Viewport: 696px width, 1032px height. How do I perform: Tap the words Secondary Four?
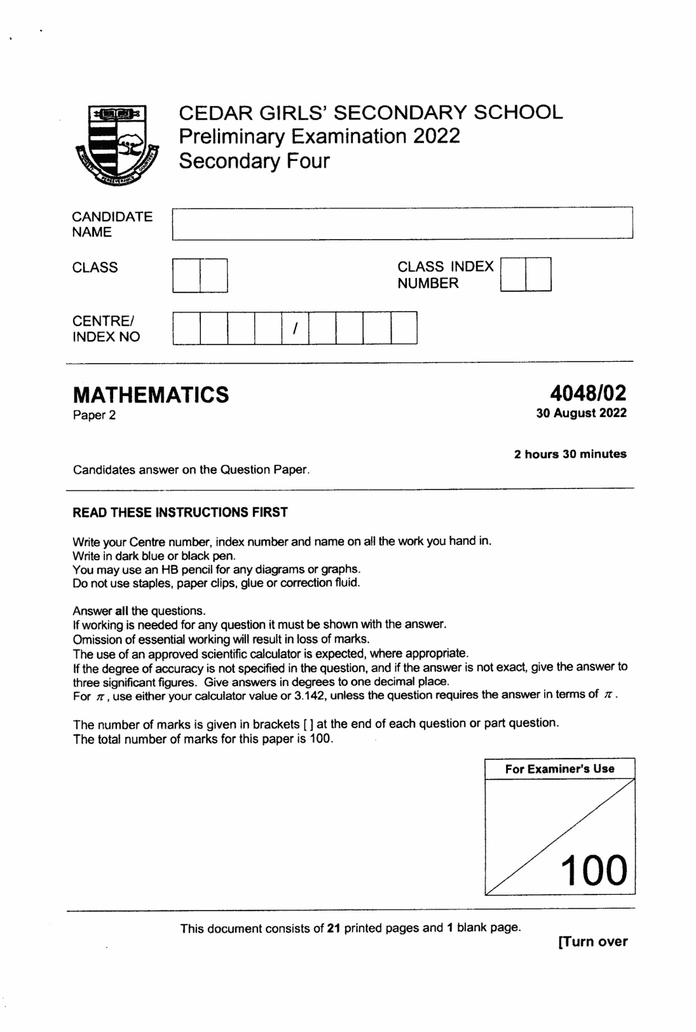click(x=254, y=160)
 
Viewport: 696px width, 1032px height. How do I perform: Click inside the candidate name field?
click(x=402, y=223)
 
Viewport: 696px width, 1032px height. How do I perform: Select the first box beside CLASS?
click(x=187, y=275)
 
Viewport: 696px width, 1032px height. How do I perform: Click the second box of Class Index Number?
click(x=538, y=274)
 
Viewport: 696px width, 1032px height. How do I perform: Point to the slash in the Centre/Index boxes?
click(x=295, y=328)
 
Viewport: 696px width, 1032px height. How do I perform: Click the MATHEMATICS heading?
click(x=151, y=394)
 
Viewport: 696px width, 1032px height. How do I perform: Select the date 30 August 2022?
click(x=581, y=413)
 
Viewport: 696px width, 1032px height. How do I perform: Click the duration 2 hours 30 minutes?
click(x=570, y=454)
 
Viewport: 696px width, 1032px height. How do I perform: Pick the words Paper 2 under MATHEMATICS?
click(x=94, y=416)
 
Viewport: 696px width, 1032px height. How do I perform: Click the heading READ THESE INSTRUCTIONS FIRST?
click(x=180, y=513)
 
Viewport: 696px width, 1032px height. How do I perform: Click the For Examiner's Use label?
click(x=559, y=769)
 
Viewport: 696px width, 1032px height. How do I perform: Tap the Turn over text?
click(x=592, y=942)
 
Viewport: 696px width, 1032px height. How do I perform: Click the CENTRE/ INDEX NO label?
click(x=106, y=329)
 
